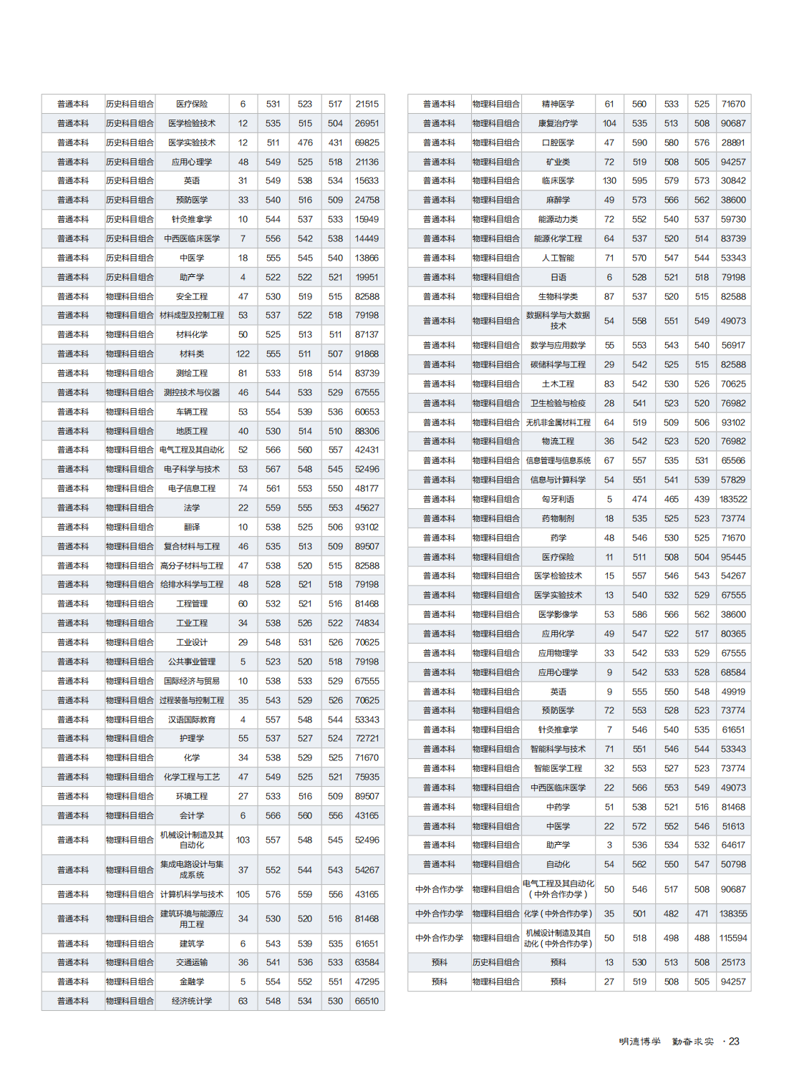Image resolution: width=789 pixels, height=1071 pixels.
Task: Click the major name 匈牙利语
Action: [x=558, y=499]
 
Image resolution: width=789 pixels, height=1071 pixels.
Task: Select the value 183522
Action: [x=733, y=499]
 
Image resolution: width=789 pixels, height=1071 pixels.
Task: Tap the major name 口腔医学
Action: [x=558, y=142]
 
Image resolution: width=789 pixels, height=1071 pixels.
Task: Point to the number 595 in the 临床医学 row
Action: [x=639, y=180]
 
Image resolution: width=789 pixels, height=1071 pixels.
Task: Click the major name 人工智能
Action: [x=558, y=258]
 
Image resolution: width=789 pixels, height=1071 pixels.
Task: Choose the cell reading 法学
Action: [x=192, y=508]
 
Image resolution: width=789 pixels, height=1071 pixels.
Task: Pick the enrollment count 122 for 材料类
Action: [x=243, y=354]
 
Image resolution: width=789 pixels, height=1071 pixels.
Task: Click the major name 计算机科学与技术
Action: [x=192, y=894]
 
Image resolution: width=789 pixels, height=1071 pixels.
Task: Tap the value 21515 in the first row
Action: [x=367, y=104]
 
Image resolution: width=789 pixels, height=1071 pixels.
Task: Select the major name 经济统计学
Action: [x=192, y=1001]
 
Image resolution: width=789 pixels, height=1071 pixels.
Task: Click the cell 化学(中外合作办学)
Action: [x=558, y=913]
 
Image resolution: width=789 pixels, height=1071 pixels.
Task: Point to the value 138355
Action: [x=733, y=913]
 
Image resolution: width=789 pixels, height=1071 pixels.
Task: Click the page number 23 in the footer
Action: [x=734, y=1042]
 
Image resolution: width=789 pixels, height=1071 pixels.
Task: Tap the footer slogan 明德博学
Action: [x=640, y=1042]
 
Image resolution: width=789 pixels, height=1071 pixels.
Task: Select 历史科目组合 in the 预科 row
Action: [x=495, y=962]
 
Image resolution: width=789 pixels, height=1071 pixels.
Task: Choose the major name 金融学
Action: [x=192, y=982]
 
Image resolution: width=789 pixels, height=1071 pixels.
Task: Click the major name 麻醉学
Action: [x=558, y=200]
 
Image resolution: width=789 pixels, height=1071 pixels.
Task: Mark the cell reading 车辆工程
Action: [x=192, y=412]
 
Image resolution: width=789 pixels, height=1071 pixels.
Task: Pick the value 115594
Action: [x=733, y=938]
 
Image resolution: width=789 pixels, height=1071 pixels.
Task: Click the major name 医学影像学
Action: [x=558, y=614]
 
